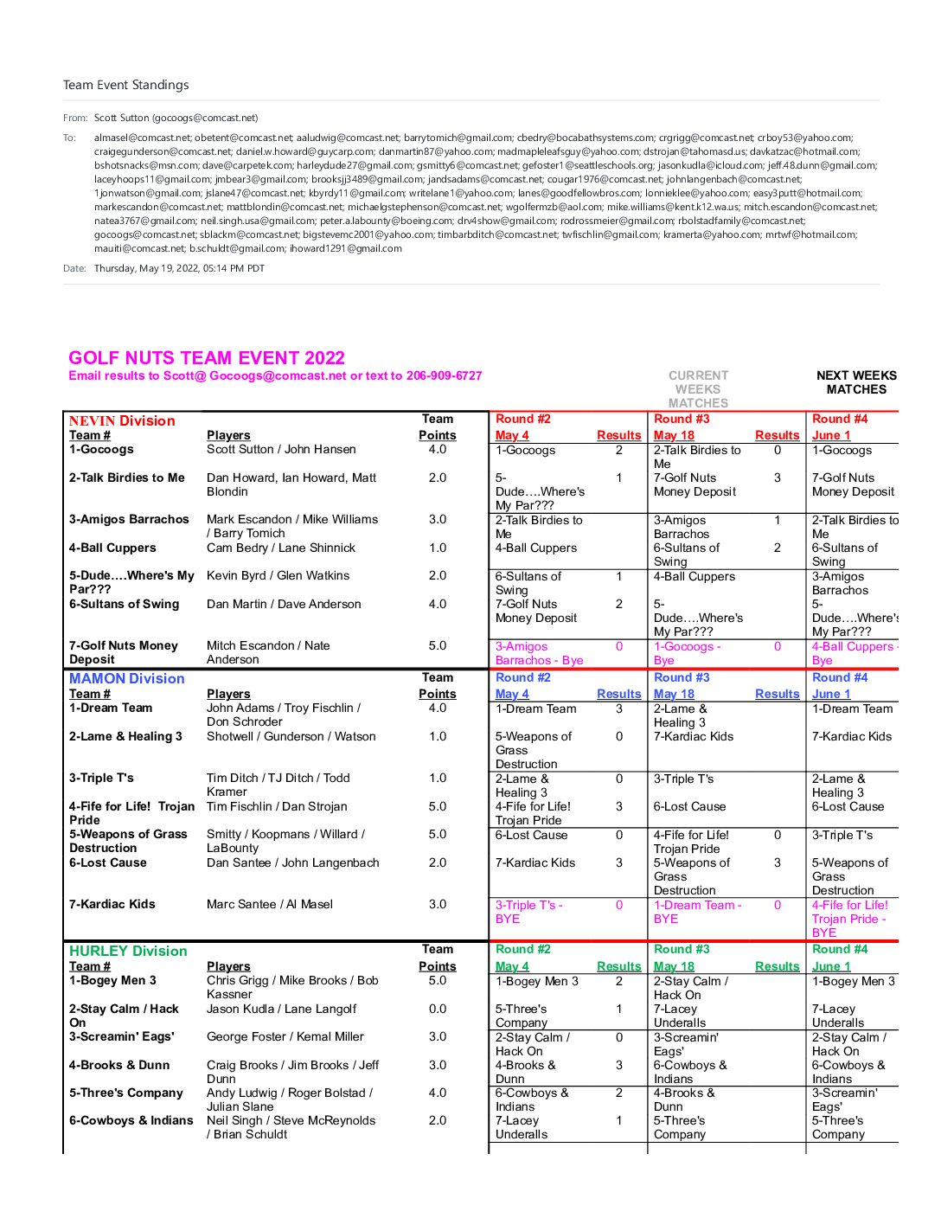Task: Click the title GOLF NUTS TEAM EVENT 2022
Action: [206, 358]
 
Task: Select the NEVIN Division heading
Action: [122, 421]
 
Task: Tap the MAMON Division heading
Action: [126, 679]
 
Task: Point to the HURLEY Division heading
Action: [128, 951]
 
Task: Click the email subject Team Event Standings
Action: [125, 85]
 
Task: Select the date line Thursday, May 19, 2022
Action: [179, 268]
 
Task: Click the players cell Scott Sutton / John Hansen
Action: [281, 449]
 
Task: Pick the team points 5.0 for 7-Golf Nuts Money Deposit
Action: [438, 645]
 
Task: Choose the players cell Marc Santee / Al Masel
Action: [269, 904]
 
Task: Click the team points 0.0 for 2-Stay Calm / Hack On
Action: [438, 1009]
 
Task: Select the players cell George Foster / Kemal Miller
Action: [285, 1036]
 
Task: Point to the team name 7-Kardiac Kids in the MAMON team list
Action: [112, 904]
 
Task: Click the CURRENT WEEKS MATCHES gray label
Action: [698, 389]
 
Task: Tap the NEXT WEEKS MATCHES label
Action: [856, 382]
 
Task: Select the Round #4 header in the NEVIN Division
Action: [839, 419]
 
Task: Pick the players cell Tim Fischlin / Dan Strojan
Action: [277, 806]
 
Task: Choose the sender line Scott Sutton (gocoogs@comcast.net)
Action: [176, 118]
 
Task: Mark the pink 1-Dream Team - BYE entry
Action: [697, 912]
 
